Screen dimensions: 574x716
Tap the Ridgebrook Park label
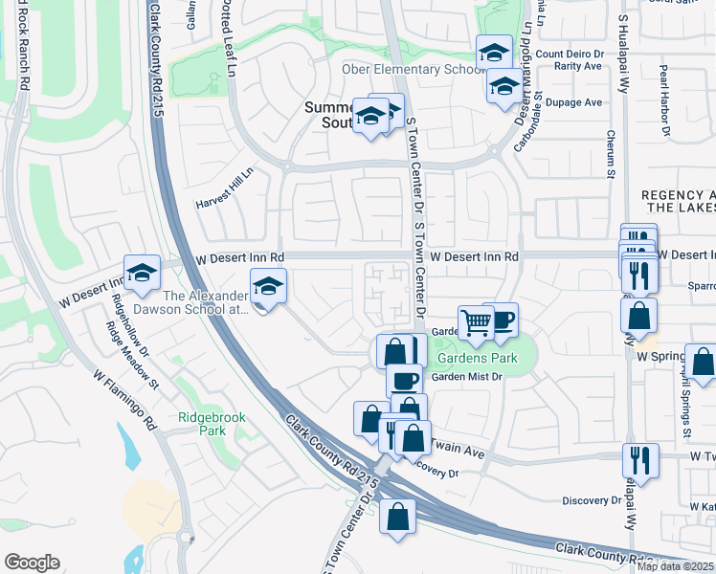[202, 423]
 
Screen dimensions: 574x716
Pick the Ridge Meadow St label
[133, 355]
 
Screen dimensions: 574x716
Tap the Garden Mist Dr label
[466, 377]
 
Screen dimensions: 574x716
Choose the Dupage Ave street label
[580, 102]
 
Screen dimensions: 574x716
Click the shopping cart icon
[476, 320]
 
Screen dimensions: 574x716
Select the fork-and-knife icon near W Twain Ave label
[639, 459]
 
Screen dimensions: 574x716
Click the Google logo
[32, 563]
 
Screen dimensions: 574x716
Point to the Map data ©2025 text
[674, 566]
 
